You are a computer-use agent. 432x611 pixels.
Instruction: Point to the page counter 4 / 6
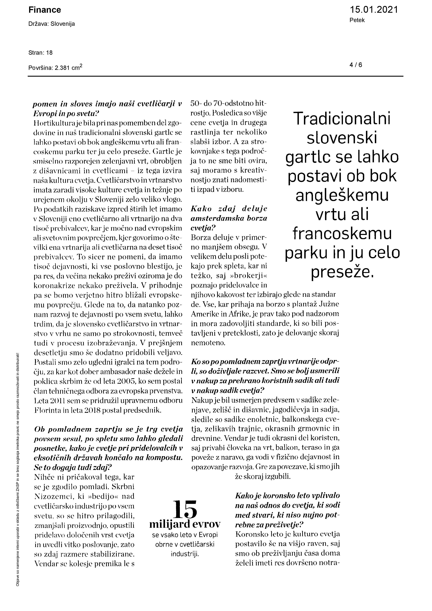[x=356, y=65]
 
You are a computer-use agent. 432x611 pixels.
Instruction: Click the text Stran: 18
[x=40, y=53]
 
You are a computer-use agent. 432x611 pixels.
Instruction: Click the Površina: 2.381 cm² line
[x=55, y=67]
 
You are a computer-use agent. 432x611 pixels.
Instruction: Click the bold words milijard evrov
[x=185, y=524]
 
